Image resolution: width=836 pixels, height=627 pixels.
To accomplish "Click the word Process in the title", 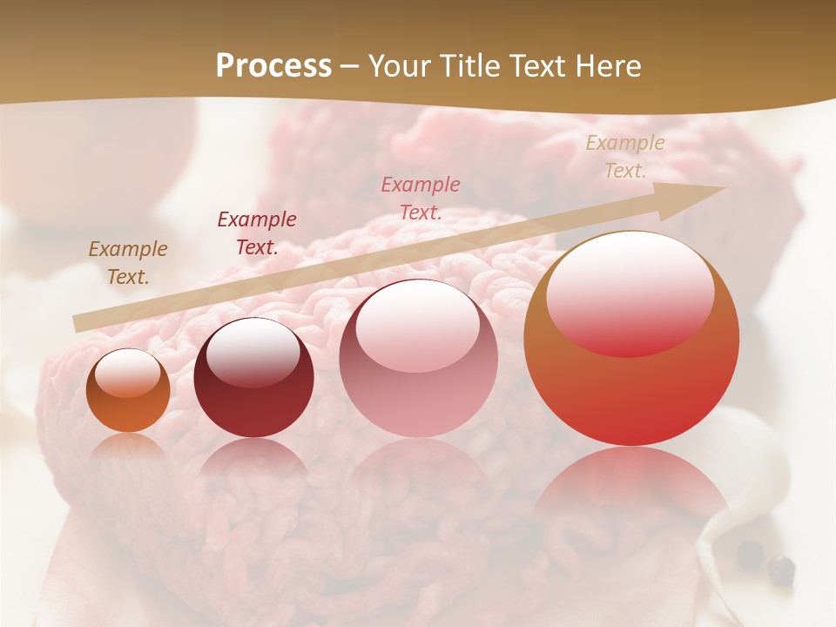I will tap(273, 66).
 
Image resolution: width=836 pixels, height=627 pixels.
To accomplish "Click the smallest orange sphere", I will tap(128, 391).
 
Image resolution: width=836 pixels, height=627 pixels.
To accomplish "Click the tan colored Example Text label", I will tap(128, 263).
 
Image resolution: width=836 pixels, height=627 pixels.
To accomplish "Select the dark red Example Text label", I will tap(257, 233).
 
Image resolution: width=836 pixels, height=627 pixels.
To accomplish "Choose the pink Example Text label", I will tap(421, 199).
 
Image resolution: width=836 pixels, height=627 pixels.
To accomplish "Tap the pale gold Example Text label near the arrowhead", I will tap(624, 157).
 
